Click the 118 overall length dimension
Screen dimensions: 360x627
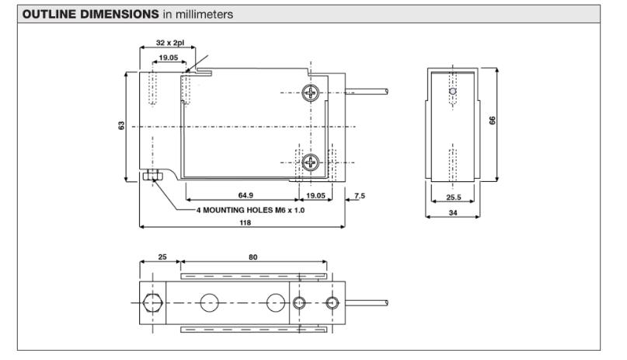(247, 222)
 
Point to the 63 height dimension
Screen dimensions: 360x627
(122, 126)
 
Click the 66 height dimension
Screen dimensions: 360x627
(493, 121)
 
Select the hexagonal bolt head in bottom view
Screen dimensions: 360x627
(152, 302)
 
